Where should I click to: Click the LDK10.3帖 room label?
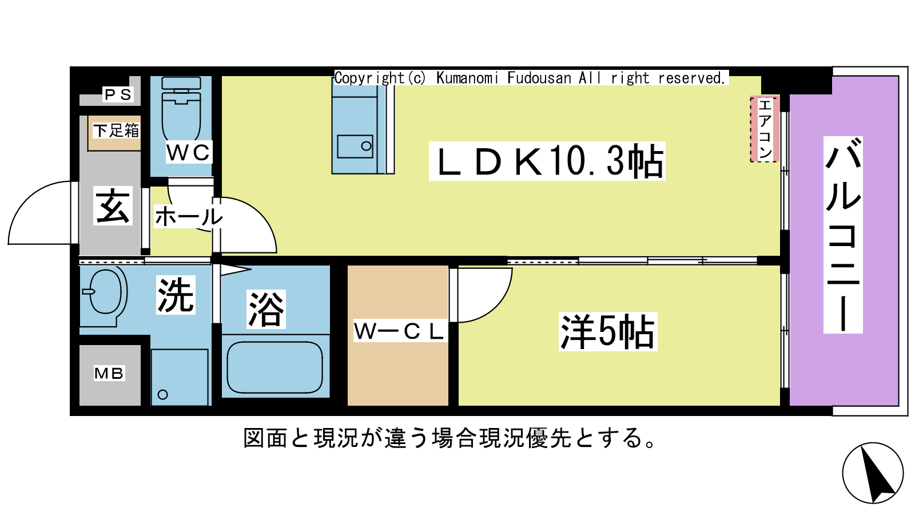click(547, 161)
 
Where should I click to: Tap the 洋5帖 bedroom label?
click(608, 332)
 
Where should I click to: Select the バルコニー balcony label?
click(843, 235)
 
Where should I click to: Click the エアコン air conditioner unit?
click(765, 129)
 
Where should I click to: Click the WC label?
click(189, 153)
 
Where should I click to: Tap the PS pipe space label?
click(118, 94)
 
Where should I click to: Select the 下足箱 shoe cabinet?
click(116, 131)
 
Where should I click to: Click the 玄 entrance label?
click(113, 206)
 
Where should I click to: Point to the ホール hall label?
click(188, 217)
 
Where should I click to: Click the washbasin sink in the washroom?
click(106, 292)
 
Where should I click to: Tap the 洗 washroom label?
click(176, 295)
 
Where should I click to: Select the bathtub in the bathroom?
click(275, 367)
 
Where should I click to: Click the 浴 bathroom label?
click(266, 310)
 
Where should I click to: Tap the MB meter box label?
click(109, 374)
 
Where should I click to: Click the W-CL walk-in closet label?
click(399, 331)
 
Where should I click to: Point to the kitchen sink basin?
click(355, 146)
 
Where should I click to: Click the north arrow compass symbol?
click(873, 473)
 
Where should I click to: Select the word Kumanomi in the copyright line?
click(468, 78)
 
